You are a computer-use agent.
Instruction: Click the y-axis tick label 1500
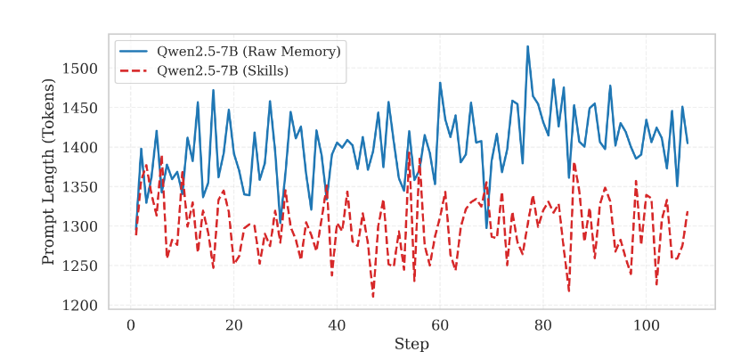coord(81,69)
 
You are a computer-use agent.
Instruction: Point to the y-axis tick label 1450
coord(81,109)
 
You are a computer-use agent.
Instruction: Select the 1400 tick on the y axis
coord(81,148)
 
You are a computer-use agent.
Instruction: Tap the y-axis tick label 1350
coord(81,187)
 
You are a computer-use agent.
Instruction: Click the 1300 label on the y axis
coord(81,227)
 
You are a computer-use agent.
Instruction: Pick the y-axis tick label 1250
coord(81,266)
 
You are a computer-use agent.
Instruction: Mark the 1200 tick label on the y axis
coord(81,307)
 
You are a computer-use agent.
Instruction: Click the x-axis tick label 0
coord(130,326)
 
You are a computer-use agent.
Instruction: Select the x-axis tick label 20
coord(233,326)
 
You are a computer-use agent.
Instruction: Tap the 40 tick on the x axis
coord(337,326)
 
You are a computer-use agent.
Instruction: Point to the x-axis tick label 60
coord(440,326)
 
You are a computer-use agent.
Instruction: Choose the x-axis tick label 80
coord(543,326)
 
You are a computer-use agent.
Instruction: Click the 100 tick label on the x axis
coord(647,326)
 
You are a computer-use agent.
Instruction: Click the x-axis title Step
coord(411,344)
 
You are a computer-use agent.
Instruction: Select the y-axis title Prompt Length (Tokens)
coord(49,171)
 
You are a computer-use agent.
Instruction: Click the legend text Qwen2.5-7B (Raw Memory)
coord(248,52)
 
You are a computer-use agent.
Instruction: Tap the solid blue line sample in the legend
coord(134,52)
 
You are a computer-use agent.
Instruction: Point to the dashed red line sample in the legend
coord(134,70)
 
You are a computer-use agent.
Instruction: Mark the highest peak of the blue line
coord(527,46)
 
